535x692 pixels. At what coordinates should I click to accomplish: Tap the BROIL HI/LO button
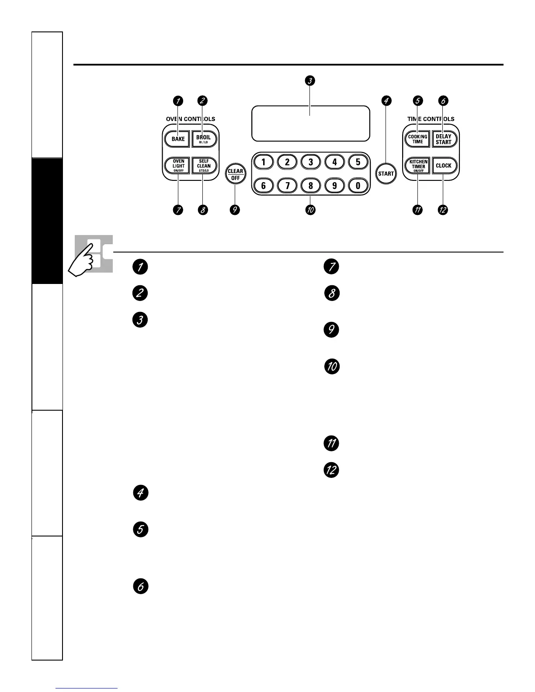(x=204, y=139)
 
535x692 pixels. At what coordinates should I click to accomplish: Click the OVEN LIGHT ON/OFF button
(x=178, y=166)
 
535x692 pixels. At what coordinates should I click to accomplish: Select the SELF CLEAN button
(x=204, y=166)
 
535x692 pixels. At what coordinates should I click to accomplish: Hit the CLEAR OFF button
(x=235, y=174)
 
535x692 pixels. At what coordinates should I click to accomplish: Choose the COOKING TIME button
(x=417, y=139)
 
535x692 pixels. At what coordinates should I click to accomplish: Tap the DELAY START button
(x=443, y=139)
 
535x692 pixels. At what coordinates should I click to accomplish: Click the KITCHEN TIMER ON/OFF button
(x=418, y=166)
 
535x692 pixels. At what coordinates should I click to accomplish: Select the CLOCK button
(x=443, y=166)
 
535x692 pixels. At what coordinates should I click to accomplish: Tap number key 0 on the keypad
(x=358, y=186)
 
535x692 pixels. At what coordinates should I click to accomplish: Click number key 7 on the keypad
(x=287, y=186)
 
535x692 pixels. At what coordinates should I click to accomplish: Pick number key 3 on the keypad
(x=311, y=162)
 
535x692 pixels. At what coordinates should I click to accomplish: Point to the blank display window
(x=310, y=123)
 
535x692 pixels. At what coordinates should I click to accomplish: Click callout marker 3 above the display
(x=310, y=80)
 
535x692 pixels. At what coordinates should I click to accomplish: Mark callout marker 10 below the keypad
(x=310, y=210)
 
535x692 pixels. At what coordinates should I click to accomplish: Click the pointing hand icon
(x=84, y=260)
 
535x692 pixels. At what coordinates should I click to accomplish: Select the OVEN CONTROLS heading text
(x=191, y=119)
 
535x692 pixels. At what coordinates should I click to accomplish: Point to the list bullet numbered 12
(x=331, y=470)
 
